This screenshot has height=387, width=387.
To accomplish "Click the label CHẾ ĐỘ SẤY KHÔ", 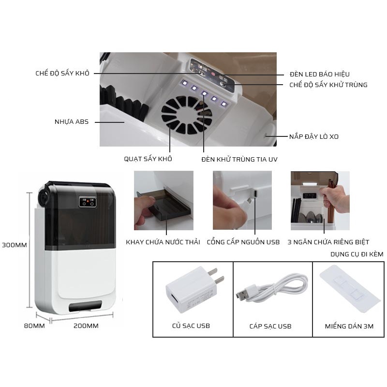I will tap(62, 73).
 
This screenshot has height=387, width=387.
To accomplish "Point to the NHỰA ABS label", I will tap(72, 122).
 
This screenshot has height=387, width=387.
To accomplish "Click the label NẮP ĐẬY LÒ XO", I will tap(313, 137).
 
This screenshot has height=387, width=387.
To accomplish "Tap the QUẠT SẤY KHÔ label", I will tap(148, 159).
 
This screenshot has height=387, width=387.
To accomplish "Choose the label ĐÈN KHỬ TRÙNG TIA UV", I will tap(239, 159).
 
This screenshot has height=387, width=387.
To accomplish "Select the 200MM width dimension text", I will tap(86, 326).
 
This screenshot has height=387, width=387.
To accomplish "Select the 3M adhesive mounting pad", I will tap(349, 289).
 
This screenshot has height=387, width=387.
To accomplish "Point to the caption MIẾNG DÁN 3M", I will tap(349, 326).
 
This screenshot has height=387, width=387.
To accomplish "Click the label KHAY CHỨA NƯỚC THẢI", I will tap(163, 242).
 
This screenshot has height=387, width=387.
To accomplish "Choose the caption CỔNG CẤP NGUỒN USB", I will tap(243, 242).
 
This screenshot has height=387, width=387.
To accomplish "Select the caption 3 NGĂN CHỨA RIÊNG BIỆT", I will tap(328, 242).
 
